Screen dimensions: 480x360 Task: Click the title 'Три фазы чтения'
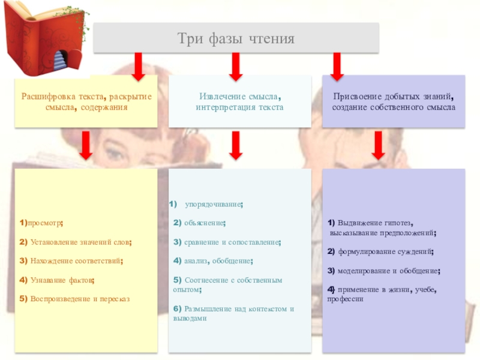pos(236,39)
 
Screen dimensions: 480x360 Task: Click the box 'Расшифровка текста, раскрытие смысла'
pos(86,101)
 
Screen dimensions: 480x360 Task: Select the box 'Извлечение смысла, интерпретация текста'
pos(239,101)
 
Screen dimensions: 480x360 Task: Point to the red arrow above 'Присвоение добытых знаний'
pos(337,66)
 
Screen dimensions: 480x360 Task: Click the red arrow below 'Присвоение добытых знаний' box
pos(379,146)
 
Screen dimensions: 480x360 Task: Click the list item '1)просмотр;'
pos(41,223)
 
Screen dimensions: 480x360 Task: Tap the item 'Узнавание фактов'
pos(58,280)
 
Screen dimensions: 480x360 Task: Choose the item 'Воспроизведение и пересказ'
pos(74,298)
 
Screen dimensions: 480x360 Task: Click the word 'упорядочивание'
pos(214,205)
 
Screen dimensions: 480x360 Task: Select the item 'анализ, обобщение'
pos(213,261)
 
